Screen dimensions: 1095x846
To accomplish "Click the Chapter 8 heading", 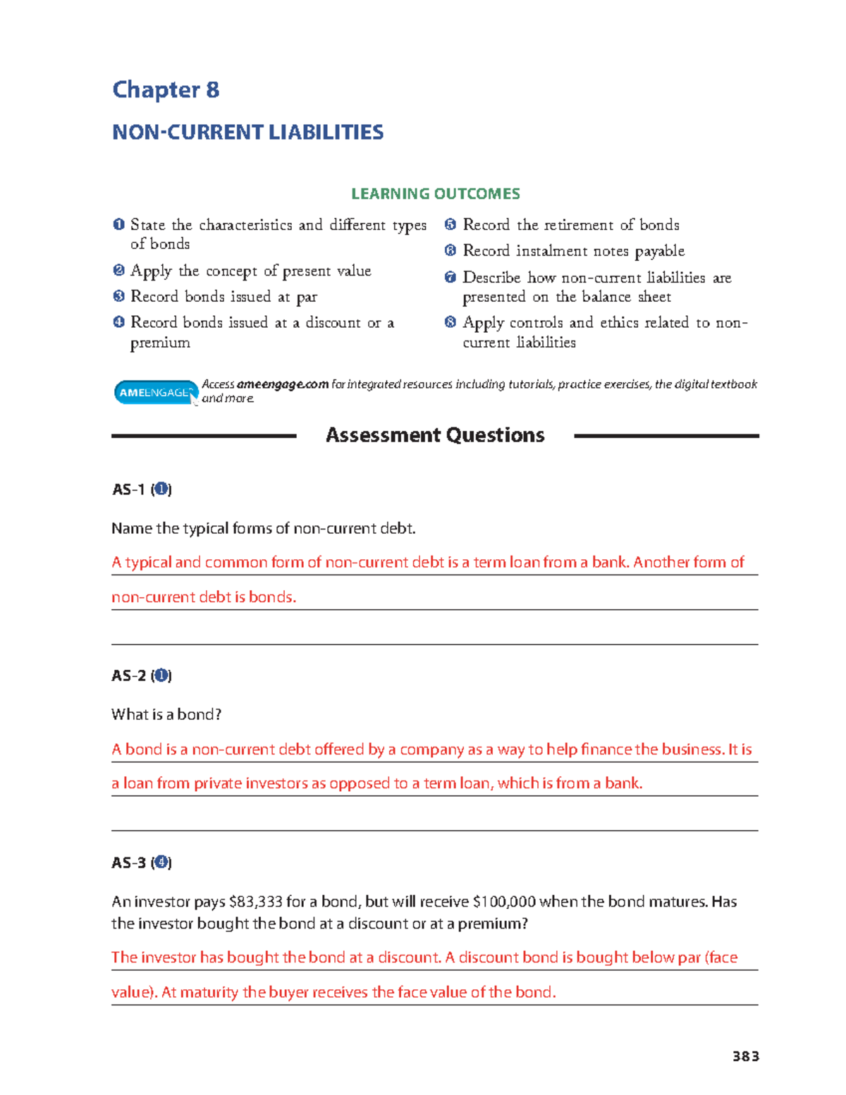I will [x=166, y=90].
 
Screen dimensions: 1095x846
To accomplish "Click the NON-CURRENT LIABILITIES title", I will [x=247, y=133].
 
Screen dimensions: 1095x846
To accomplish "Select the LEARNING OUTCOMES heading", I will [x=435, y=194].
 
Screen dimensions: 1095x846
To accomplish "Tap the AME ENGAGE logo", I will [x=155, y=393].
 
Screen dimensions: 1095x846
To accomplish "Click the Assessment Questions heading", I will [x=435, y=435].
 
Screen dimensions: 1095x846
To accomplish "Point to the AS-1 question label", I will [x=141, y=489].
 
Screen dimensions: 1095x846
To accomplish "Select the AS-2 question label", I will [x=141, y=675].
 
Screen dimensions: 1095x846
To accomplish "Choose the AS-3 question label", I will [x=141, y=862].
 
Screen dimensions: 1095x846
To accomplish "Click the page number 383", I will [x=745, y=1056].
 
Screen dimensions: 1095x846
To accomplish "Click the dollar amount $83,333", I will [x=256, y=902].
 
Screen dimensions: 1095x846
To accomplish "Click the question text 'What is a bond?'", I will [x=166, y=714].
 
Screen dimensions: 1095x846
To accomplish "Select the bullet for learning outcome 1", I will [x=118, y=225].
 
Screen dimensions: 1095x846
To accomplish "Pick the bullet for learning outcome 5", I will [x=450, y=225].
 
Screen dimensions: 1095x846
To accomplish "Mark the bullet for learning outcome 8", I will [x=450, y=322].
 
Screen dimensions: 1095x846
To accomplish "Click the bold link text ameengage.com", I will [x=282, y=384].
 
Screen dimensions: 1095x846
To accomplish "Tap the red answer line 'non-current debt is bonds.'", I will [x=204, y=597].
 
